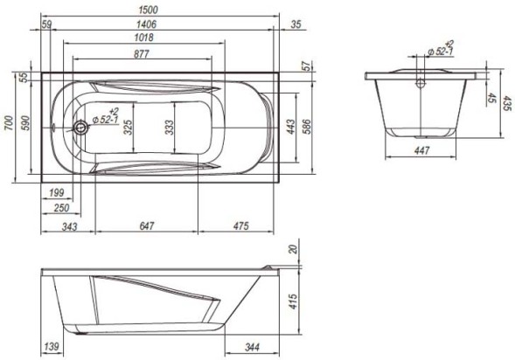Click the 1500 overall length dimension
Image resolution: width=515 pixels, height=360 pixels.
(160, 10)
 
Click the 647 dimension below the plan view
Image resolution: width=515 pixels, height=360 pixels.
(146, 226)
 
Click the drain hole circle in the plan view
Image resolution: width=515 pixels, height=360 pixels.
(80, 128)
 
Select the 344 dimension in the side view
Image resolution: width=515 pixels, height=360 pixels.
(250, 349)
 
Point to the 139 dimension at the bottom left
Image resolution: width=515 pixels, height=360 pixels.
(52, 349)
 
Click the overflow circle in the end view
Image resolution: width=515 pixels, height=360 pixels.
(421, 85)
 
